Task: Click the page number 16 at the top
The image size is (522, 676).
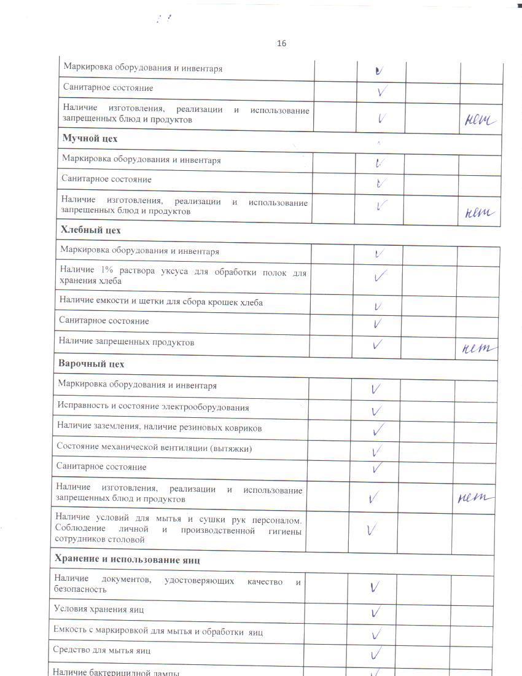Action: click(x=282, y=43)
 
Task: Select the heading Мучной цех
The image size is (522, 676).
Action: click(x=90, y=138)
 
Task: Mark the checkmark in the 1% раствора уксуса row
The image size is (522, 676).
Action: click(x=380, y=277)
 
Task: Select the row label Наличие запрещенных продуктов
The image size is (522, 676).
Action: click(x=126, y=342)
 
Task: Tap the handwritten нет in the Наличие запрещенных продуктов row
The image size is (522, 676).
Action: click(x=478, y=348)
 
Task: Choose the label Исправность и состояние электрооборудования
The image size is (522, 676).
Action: click(x=153, y=407)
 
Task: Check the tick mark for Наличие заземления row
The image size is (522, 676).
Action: click(x=378, y=429)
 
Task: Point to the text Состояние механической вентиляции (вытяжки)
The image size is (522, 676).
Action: click(x=154, y=448)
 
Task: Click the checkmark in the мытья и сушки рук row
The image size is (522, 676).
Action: click(x=370, y=530)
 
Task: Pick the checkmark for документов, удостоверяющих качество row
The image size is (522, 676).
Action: click(x=374, y=587)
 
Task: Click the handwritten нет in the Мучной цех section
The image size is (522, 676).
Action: click(x=480, y=213)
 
